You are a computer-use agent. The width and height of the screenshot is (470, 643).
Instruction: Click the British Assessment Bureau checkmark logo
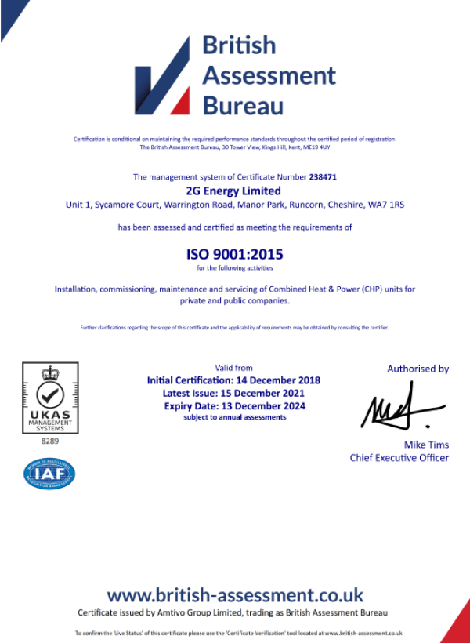pyautogui.click(x=162, y=77)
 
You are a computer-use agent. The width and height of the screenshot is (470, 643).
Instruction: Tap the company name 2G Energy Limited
pyautogui.click(x=234, y=191)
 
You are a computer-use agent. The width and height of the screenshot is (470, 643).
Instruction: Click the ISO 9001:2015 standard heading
pyautogui.click(x=234, y=254)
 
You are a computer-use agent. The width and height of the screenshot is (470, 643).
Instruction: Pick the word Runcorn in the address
pyautogui.click(x=302, y=205)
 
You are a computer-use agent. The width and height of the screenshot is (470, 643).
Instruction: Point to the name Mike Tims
pyautogui.click(x=427, y=445)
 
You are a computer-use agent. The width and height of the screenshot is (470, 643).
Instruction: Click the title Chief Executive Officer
pyautogui.click(x=399, y=458)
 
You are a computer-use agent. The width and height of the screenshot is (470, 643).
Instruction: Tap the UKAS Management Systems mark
pyautogui.click(x=50, y=398)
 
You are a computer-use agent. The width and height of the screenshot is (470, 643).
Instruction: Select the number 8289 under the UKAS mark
pyautogui.click(x=50, y=441)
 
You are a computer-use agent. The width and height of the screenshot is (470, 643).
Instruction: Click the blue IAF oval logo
pyautogui.click(x=50, y=474)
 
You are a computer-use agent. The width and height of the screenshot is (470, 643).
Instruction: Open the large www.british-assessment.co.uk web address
pyautogui.click(x=235, y=594)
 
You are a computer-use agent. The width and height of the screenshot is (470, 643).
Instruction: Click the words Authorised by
pyautogui.click(x=418, y=369)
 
